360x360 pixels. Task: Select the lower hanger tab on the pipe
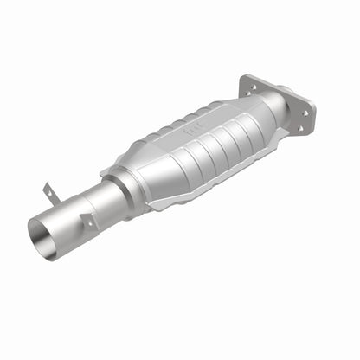[x=87, y=222]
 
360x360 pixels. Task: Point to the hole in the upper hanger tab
[x=49, y=188]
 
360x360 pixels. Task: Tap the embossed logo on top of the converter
[x=189, y=131]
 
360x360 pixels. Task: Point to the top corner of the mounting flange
[x=245, y=76]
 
